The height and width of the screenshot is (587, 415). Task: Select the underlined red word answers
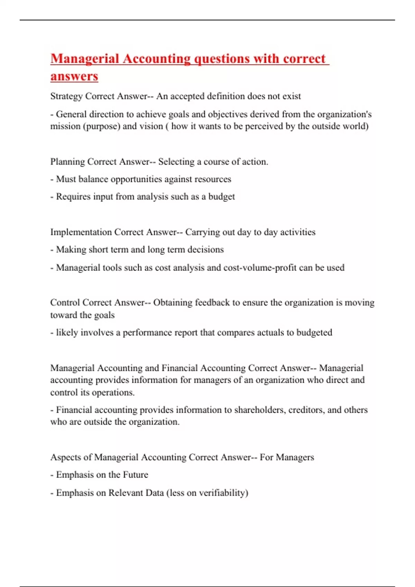pyautogui.click(x=74, y=76)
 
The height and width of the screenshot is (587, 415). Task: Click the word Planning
pyautogui.click(x=67, y=162)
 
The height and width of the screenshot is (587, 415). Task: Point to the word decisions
pyautogui.click(x=205, y=250)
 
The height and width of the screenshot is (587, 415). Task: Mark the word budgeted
pyautogui.click(x=314, y=333)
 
